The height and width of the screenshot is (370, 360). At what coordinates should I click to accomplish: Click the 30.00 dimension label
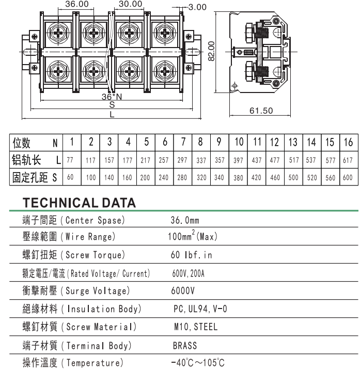click(130, 4)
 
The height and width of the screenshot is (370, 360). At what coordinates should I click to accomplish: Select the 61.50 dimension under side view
click(261, 111)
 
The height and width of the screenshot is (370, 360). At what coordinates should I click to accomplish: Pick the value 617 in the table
click(348, 160)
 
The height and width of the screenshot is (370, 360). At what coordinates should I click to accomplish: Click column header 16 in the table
click(348, 142)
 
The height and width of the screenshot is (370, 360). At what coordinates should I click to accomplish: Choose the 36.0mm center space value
click(185, 221)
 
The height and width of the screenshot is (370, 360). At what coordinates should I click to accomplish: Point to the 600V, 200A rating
click(188, 273)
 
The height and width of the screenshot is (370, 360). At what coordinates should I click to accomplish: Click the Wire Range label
click(88, 238)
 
